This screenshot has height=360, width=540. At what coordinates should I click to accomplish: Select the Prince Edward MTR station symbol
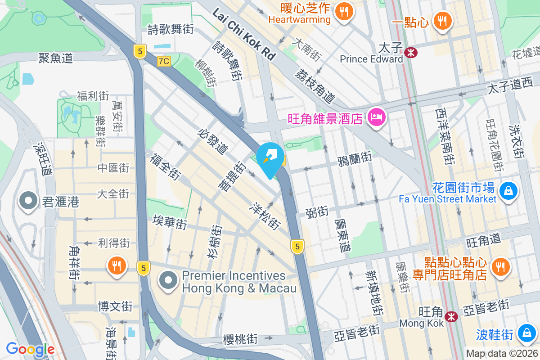pos(410,53)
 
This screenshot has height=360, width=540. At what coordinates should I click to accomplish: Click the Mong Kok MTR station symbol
pos(451,317)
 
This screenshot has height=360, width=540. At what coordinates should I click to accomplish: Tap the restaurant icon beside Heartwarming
pos(344,12)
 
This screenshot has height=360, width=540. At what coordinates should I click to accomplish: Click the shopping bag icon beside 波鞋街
pos(526,333)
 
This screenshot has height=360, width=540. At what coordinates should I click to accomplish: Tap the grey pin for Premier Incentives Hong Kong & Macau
pos(168,281)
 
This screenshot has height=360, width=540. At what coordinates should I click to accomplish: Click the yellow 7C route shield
pos(164,61)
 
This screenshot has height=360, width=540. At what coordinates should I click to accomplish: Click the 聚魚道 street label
pos(55,58)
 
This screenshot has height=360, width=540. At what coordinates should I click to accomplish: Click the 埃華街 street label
pos(170,222)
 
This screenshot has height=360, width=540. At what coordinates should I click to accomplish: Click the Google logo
pos(30,349)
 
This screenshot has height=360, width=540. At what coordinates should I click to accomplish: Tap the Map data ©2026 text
pos(502,354)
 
